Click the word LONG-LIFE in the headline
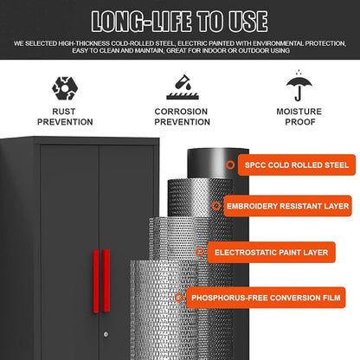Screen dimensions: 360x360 click(x=141, y=22)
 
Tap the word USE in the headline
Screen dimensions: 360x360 click(x=248, y=22)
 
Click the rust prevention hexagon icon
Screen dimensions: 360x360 click(x=65, y=88)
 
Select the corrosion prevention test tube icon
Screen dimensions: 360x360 click(x=183, y=87)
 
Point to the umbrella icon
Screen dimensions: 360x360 click(x=299, y=86)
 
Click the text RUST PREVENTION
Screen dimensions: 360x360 click(x=65, y=117)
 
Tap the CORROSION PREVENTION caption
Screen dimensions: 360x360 click(x=183, y=117)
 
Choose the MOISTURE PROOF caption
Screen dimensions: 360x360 click(x=299, y=117)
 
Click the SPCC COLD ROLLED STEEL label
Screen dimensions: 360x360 click(x=297, y=165)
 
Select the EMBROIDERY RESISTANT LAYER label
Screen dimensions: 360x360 click(x=287, y=206)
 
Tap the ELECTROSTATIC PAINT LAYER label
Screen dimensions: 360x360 click(x=271, y=253)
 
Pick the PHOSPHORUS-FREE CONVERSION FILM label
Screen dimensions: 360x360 click(x=266, y=298)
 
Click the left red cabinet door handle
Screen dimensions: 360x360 click(x=96, y=281)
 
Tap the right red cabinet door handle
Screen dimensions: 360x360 click(x=106, y=280)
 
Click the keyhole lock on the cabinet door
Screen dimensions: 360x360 click(x=106, y=334)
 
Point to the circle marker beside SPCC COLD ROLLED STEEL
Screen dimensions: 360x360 click(x=230, y=165)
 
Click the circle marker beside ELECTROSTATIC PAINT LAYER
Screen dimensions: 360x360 click(x=200, y=253)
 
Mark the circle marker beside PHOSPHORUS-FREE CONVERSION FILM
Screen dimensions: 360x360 click(x=179, y=298)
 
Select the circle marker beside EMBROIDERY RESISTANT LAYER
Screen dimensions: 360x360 click(x=216, y=206)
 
